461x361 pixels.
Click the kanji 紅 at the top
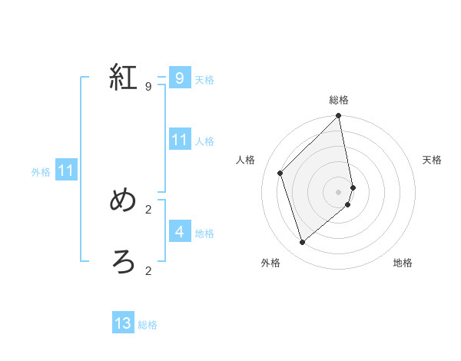124,78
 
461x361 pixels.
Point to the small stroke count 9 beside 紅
148,86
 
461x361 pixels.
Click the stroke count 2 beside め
148,209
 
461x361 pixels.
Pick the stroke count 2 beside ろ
148,270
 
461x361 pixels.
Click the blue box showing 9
179,78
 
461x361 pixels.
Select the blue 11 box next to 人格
179,140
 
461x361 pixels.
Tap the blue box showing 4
179,231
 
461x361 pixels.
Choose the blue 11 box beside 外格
66,171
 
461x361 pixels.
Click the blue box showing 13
123,323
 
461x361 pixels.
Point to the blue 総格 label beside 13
148,325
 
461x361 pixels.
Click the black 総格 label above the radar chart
339,100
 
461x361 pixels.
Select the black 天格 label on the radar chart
433,160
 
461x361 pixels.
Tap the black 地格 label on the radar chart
403,263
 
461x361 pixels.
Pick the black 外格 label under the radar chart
270,263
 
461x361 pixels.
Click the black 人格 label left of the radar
246,160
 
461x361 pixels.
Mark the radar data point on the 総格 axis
339,117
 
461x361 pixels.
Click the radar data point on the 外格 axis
303,242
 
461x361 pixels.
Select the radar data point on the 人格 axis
280,173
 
